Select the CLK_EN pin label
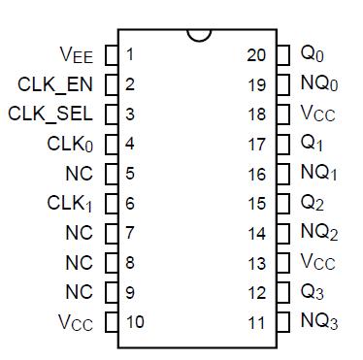point(55,84)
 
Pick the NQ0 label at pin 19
point(319,84)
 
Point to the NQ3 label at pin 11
point(319,321)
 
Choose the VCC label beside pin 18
point(317,115)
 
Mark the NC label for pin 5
point(79,174)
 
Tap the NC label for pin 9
point(79,292)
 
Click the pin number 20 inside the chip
point(256,54)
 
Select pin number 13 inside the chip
point(256,262)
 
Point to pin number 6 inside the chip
point(129,204)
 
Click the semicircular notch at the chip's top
point(200,35)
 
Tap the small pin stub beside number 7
point(111,233)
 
